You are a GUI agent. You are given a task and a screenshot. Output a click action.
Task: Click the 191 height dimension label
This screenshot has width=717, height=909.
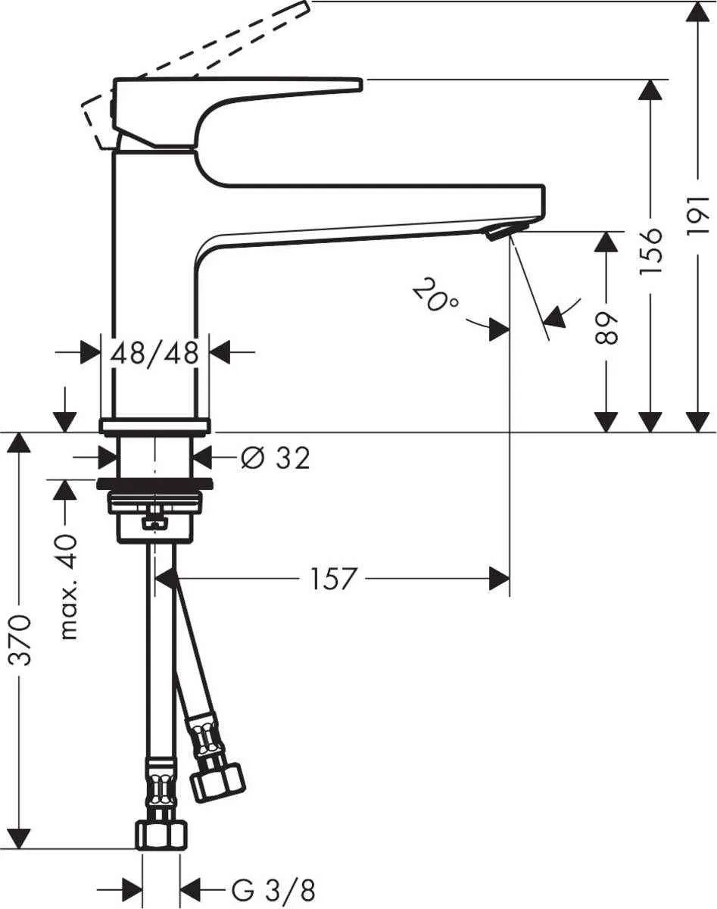pos(698,214)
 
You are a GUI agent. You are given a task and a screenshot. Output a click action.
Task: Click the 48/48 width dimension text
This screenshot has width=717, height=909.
pos(154,352)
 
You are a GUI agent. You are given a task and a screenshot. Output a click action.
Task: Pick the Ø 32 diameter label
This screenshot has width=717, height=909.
pos(274,458)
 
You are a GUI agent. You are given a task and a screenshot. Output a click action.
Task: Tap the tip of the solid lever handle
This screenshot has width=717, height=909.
pos(356,84)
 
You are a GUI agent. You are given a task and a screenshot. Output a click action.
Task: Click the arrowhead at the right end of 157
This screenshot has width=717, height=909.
pos(500,579)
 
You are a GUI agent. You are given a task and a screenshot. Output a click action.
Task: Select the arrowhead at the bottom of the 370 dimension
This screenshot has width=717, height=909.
pos(20,838)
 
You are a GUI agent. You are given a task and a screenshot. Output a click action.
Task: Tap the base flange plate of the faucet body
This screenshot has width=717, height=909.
pos(155,425)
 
